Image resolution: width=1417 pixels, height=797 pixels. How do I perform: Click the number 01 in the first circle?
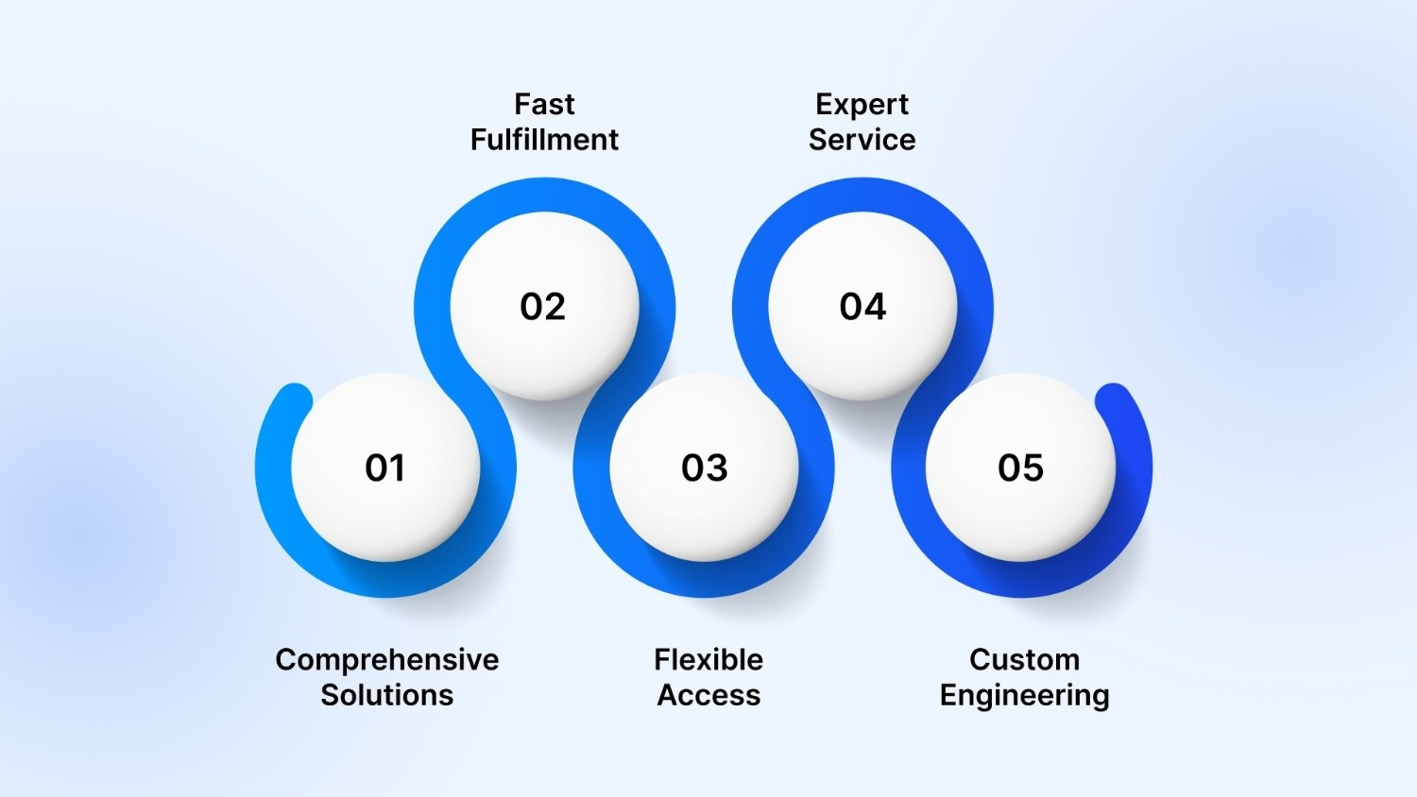point(385,468)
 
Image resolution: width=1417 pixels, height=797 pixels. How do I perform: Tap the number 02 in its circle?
point(543,307)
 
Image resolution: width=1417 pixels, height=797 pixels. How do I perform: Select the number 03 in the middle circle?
point(705,468)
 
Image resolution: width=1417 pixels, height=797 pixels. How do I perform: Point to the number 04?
point(862,307)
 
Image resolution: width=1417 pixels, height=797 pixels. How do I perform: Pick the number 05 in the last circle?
point(1021,468)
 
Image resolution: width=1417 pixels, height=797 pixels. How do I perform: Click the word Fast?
point(544,104)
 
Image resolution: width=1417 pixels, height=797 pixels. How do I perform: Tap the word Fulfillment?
point(544,140)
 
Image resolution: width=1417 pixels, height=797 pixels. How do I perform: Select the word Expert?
point(862,104)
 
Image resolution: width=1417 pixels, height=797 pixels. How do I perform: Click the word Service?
point(862,140)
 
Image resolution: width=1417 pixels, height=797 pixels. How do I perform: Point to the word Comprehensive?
point(387,659)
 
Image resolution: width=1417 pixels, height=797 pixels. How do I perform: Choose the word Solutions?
point(387,695)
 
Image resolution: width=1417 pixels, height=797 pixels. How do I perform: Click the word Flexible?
point(708,659)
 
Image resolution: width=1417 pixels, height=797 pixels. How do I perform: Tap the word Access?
point(708,695)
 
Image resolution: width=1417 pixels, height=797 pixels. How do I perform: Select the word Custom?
point(1024,659)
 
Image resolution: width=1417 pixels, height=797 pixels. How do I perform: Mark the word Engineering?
point(1024,695)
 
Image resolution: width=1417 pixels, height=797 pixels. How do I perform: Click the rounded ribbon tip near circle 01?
point(295,399)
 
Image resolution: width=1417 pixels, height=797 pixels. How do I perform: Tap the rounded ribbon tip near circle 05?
point(1114,399)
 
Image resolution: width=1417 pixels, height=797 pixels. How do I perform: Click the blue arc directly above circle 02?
point(544,195)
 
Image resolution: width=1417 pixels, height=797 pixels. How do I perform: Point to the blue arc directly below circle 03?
point(705,580)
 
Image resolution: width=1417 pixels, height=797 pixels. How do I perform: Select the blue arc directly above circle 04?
point(862,195)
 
